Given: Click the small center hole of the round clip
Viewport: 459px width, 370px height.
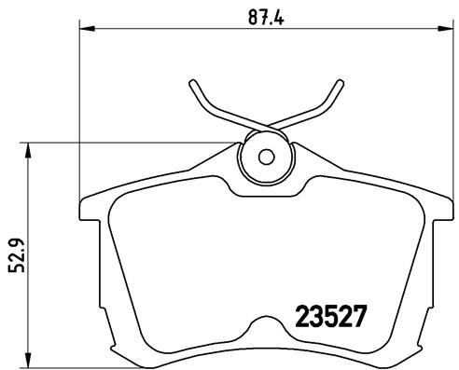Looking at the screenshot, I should click(264, 157).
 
